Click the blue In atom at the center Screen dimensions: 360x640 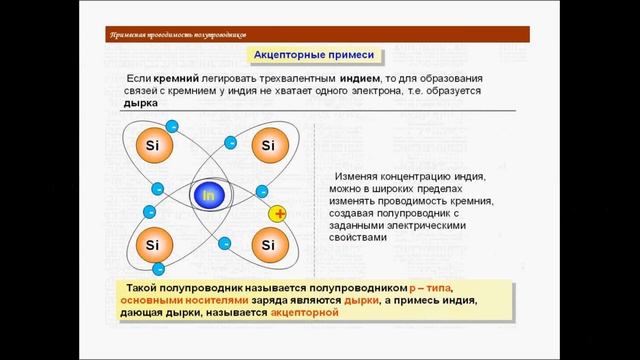[x=209, y=195]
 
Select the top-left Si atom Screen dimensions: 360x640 [x=152, y=146]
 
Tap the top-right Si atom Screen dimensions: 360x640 [x=267, y=146]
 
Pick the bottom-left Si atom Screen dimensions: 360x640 [x=152, y=244]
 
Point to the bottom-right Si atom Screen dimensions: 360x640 [x=267, y=244]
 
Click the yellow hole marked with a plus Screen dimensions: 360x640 [x=279, y=214]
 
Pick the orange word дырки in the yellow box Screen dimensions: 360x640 [x=362, y=299]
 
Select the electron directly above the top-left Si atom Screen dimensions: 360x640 [x=171, y=125]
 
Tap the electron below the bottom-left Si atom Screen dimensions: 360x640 [x=160, y=268]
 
